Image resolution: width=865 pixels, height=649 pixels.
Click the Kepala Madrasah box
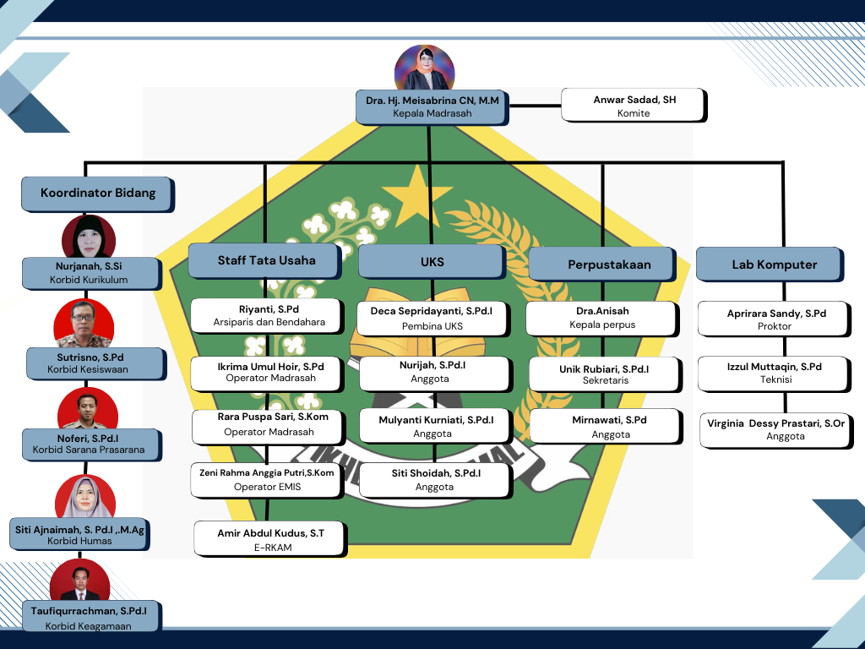click(432, 107)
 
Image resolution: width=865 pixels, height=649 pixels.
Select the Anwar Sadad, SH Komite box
click(634, 105)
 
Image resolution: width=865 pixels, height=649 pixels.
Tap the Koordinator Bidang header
click(98, 194)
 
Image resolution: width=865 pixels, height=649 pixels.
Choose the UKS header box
click(432, 262)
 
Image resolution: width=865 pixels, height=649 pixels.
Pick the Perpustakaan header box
click(602, 265)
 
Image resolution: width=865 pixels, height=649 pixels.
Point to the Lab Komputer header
click(770, 265)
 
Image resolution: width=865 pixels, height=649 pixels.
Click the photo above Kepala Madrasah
click(424, 68)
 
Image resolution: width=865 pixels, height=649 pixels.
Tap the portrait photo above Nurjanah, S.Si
click(89, 237)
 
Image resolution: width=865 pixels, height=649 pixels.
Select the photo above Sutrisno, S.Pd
click(84, 324)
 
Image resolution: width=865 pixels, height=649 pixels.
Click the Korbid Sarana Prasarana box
click(91, 444)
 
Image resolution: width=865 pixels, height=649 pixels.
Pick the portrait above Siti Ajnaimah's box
click(85, 496)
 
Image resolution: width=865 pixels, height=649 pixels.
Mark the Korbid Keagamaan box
click(91, 617)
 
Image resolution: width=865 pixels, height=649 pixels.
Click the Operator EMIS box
click(268, 480)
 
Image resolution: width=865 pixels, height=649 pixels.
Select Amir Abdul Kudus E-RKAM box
click(270, 538)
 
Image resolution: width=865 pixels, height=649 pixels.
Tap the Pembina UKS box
click(433, 319)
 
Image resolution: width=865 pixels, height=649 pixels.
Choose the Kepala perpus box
click(602, 319)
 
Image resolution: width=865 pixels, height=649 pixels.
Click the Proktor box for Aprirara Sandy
click(774, 319)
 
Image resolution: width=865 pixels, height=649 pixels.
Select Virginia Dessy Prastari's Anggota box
click(776, 430)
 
